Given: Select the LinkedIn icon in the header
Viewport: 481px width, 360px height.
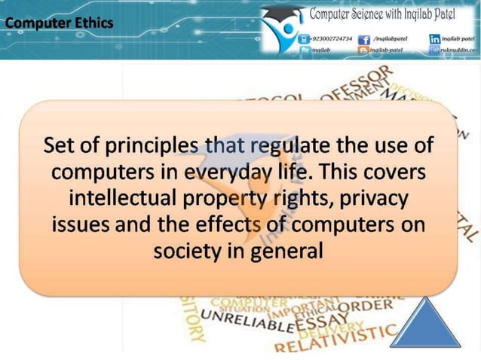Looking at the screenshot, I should coord(435,38).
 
